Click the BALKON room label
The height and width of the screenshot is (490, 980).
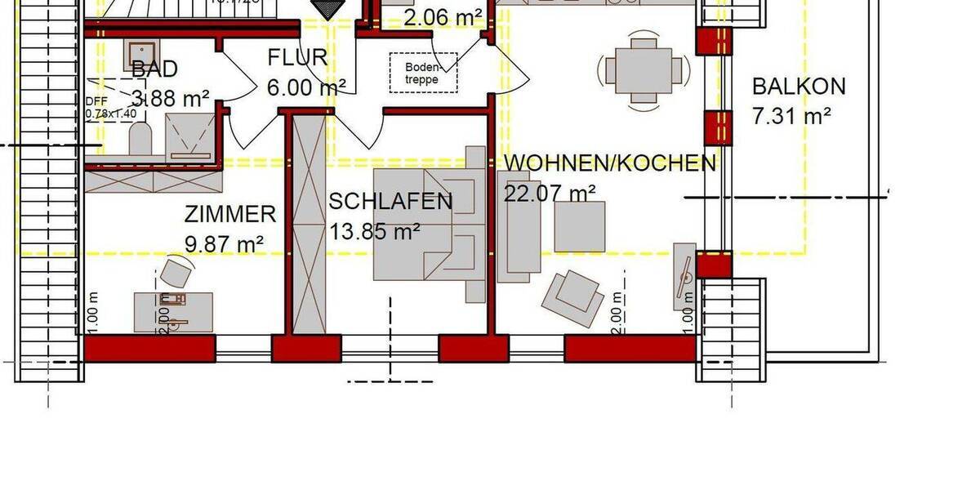[x=799, y=86]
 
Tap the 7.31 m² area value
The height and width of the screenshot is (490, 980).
[x=791, y=116]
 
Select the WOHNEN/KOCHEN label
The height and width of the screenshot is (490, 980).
[x=609, y=163]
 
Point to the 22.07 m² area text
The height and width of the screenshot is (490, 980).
[x=550, y=194]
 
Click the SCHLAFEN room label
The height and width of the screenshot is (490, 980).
[x=390, y=202]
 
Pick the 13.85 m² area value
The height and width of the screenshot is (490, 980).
[x=375, y=231]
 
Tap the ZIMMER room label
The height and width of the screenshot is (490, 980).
[x=229, y=215]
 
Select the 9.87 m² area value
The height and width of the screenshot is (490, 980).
[x=224, y=243]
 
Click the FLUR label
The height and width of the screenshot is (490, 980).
[x=298, y=58]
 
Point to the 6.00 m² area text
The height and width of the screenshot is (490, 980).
[x=306, y=87]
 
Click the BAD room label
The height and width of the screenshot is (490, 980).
[x=154, y=69]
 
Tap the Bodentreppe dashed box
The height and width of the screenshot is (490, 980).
[x=423, y=73]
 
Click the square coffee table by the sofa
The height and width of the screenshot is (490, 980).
[x=580, y=226]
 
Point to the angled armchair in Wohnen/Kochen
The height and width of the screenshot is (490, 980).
[x=573, y=294]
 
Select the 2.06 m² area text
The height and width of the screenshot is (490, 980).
[x=442, y=16]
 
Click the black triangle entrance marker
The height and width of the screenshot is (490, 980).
[x=329, y=9]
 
